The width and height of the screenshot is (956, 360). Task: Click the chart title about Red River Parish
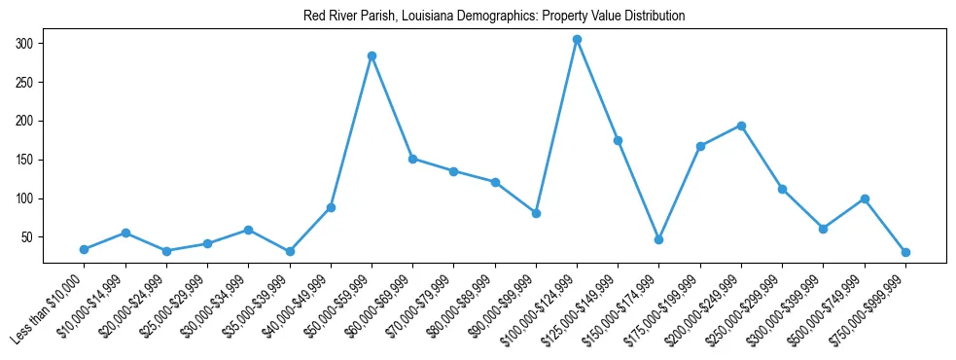[480, 17]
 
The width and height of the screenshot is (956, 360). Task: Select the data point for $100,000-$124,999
[577, 39]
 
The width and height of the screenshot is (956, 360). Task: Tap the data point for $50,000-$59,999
[372, 55]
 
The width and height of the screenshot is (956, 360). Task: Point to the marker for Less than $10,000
[85, 249]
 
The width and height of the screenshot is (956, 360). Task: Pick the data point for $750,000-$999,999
[905, 252]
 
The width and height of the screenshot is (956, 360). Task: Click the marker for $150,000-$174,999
[659, 239]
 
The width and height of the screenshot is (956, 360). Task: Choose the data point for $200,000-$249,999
[741, 126]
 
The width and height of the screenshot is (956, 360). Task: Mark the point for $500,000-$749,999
[865, 198]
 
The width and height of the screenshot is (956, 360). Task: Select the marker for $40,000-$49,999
[331, 207]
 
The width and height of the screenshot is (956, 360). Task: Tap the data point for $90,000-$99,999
[536, 213]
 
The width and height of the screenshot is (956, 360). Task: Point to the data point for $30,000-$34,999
[248, 230]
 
